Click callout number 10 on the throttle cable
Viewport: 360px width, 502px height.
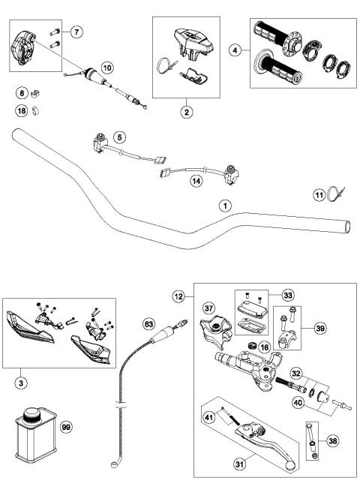pos(107,68)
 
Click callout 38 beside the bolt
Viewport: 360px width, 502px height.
pos(331,442)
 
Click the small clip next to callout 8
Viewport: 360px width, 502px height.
pos(36,94)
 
